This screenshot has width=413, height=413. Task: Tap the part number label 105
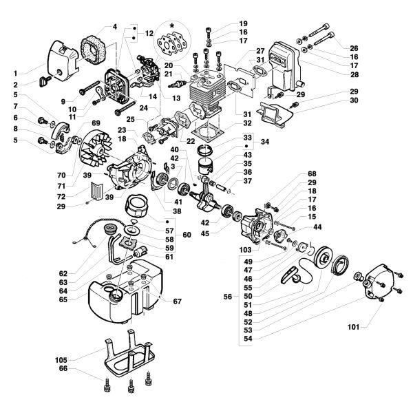click(x=62, y=359)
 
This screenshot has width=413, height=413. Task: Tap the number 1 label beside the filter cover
click(x=16, y=73)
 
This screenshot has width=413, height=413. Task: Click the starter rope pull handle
click(x=293, y=275)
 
